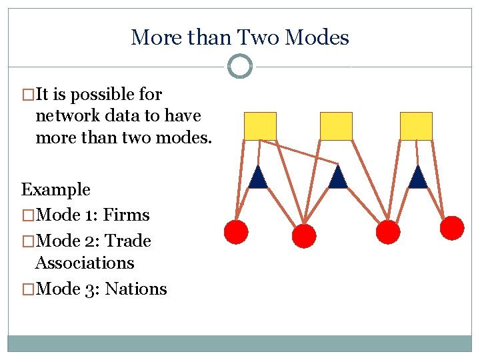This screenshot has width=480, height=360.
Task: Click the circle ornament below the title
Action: [x=240, y=66]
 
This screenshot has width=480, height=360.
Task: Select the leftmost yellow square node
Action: [x=260, y=126]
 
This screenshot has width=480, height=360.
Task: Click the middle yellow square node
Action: [x=336, y=126]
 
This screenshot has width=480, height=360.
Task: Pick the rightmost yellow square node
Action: [x=416, y=126]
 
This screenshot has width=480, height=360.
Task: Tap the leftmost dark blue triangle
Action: [x=258, y=178]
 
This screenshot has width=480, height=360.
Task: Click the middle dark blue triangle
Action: [x=338, y=178]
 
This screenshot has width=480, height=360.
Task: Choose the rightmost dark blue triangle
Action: [x=417, y=178]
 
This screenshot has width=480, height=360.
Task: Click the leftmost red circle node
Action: [x=235, y=231]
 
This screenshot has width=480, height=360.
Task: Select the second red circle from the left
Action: [x=303, y=235]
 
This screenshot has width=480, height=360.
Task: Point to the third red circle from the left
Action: [x=388, y=232]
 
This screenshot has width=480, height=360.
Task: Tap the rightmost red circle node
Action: [x=452, y=228]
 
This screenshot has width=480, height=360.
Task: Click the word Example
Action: [x=56, y=190]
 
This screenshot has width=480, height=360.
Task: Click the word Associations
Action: [x=85, y=263]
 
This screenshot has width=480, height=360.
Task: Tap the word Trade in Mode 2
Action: [x=129, y=241]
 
